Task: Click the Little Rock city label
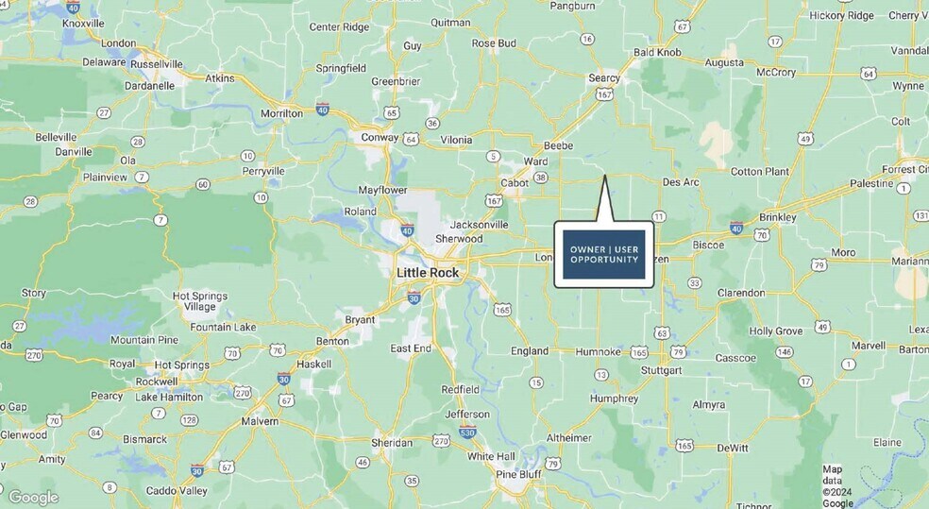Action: [x=427, y=273]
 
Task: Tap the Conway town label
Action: [x=380, y=137]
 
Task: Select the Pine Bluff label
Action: [x=518, y=474]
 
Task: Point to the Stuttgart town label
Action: [x=660, y=370]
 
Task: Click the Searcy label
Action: [x=604, y=78]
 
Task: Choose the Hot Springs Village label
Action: [x=200, y=301]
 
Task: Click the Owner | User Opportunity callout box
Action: [x=603, y=254]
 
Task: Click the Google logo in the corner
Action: [x=33, y=497]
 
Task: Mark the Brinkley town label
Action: [x=777, y=217]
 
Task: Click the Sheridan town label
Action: [x=392, y=442]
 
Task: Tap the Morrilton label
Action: [x=282, y=113]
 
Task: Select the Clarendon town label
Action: [x=741, y=293]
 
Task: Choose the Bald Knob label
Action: [x=657, y=52]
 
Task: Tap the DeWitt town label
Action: [x=733, y=448]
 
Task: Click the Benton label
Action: [x=331, y=341]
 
